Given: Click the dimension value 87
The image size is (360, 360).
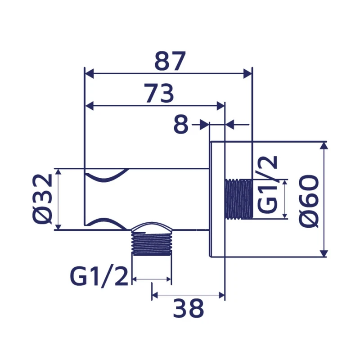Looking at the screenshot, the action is coord(170,61).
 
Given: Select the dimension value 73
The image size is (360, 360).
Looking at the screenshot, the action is coord(159,94).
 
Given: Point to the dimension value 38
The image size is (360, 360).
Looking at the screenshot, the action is coord(189,308).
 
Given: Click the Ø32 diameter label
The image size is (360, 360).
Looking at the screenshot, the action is coord(42,199).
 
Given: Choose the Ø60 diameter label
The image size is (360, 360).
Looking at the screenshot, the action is coord(309,201).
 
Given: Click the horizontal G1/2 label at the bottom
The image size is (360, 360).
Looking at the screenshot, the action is coord(99,277).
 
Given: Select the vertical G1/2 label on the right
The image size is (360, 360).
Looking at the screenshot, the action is coord(267,184).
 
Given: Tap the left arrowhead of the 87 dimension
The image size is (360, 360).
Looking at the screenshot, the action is coord(90,73).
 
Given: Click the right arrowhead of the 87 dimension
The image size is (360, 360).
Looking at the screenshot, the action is coord(247,73).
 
